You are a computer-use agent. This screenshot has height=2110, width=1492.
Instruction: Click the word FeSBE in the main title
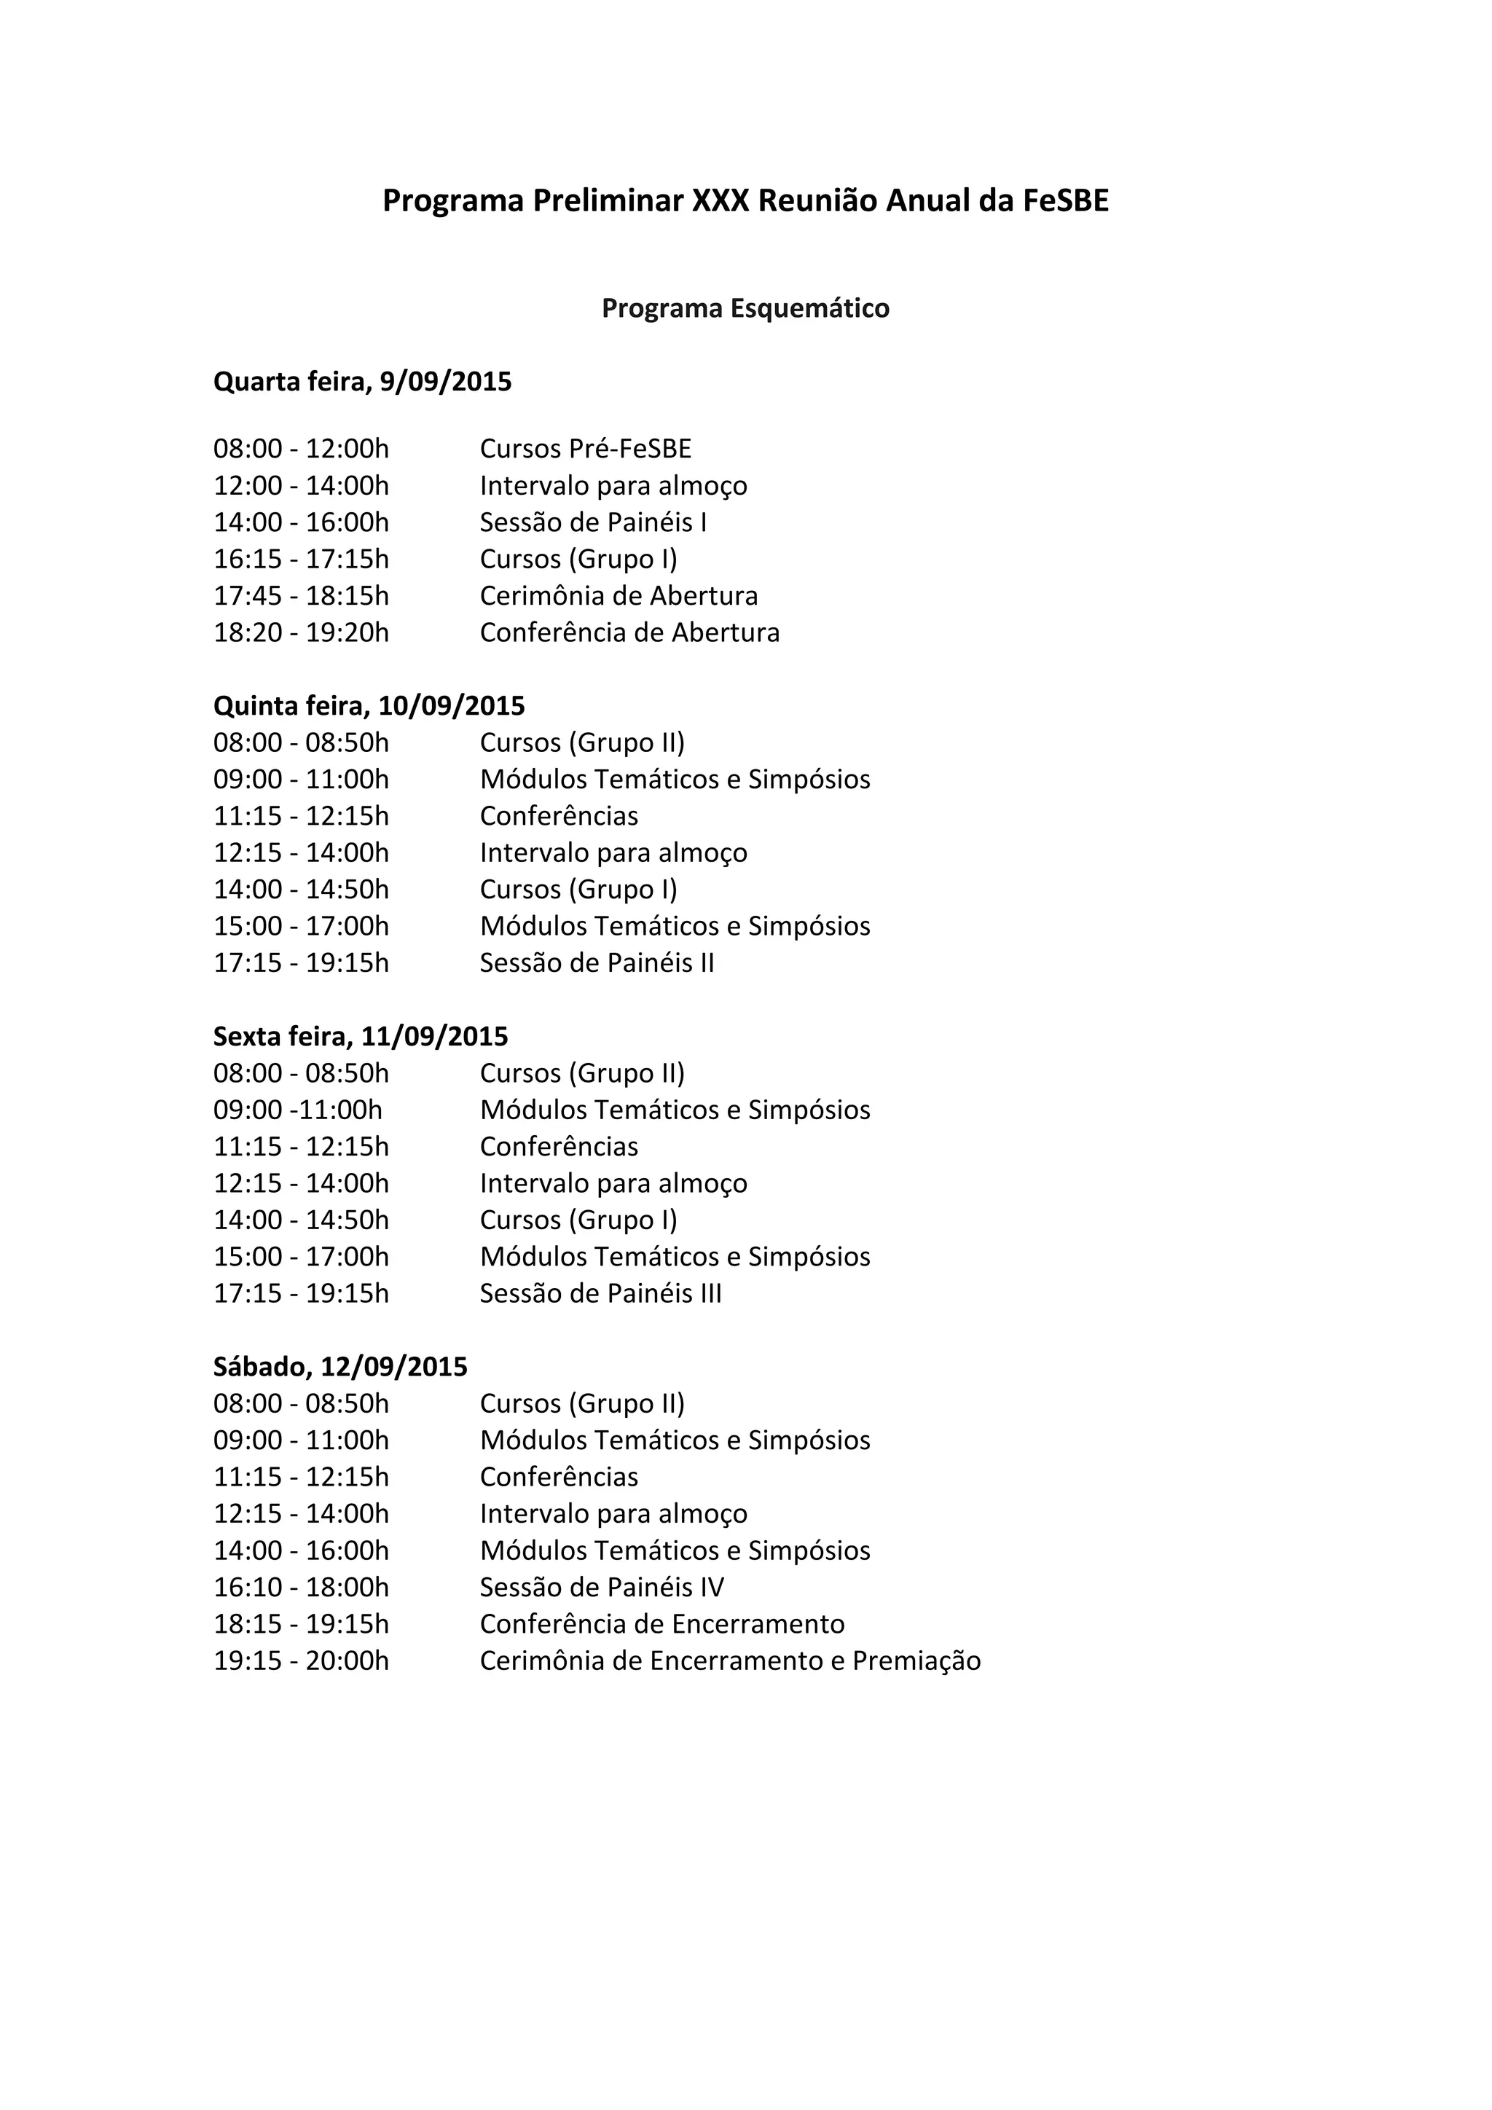[1066, 200]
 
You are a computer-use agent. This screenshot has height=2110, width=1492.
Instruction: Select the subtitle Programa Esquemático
[745, 308]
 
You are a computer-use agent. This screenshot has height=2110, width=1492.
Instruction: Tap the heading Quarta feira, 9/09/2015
[362, 381]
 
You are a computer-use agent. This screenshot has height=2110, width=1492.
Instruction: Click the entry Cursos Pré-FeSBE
[585, 449]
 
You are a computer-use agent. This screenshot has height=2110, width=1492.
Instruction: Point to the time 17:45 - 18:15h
[302, 595]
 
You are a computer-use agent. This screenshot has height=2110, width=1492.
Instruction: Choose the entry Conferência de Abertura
[629, 632]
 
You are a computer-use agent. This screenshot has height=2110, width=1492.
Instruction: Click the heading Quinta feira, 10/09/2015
[369, 706]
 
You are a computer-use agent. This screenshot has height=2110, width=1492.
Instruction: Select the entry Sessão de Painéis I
[592, 522]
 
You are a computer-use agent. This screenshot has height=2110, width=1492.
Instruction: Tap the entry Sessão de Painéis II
[596, 962]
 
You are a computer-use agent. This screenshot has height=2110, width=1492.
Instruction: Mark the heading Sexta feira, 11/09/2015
[360, 1037]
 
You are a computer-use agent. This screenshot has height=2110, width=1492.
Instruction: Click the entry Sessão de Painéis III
[600, 1293]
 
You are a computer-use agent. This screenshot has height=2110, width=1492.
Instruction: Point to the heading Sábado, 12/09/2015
[340, 1367]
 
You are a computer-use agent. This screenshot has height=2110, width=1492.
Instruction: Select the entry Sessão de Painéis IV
[602, 1587]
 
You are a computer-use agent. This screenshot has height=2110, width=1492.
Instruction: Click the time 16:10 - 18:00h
[302, 1587]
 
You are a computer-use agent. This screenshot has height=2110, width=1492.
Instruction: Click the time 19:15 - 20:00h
[302, 1660]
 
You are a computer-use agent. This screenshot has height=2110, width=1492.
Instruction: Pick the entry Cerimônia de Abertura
[619, 595]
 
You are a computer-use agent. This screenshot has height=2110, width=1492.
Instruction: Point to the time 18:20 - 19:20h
[302, 632]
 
